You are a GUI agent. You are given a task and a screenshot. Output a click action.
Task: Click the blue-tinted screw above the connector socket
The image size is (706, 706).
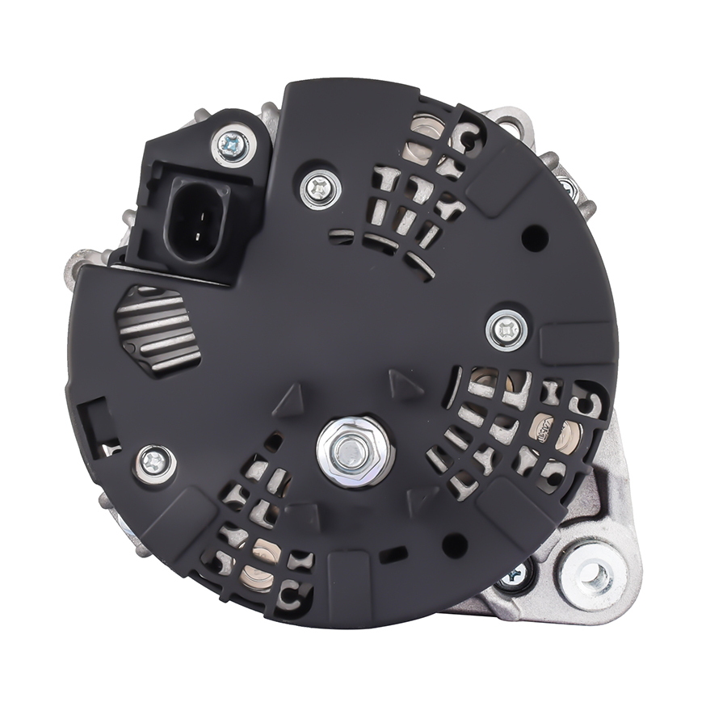(233, 145)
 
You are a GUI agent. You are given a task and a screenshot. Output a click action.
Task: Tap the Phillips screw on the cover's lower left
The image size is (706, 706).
(156, 463)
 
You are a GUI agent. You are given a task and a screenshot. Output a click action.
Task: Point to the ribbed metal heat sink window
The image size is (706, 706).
(159, 330)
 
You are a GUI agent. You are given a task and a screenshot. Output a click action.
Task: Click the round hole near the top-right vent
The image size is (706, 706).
(534, 237)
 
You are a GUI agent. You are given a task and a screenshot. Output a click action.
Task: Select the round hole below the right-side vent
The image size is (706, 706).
(455, 545)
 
